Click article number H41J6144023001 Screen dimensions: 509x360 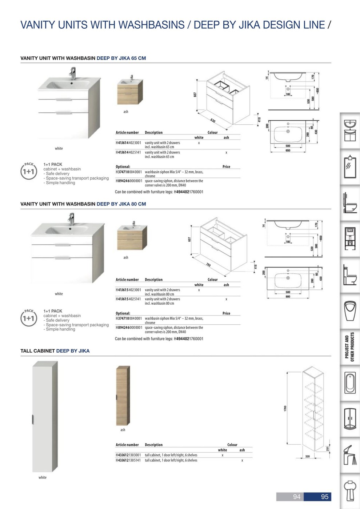(128, 143)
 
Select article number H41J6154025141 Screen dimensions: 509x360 (128, 299)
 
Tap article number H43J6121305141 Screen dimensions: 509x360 (128, 460)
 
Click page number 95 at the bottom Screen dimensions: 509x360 (324, 497)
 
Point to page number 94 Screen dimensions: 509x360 (297, 497)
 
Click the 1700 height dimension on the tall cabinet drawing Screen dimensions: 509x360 (285, 409)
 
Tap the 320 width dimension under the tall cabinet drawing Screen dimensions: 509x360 (307, 456)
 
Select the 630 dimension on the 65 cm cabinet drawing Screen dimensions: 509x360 (213, 121)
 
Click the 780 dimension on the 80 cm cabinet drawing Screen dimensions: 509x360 (208, 265)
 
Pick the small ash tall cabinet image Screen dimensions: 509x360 (123, 396)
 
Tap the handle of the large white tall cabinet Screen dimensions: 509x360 (33, 419)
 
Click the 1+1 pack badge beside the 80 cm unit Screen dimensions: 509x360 (29, 318)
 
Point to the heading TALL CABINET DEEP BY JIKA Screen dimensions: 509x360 (55, 351)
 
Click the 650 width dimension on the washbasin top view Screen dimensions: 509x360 (288, 150)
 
